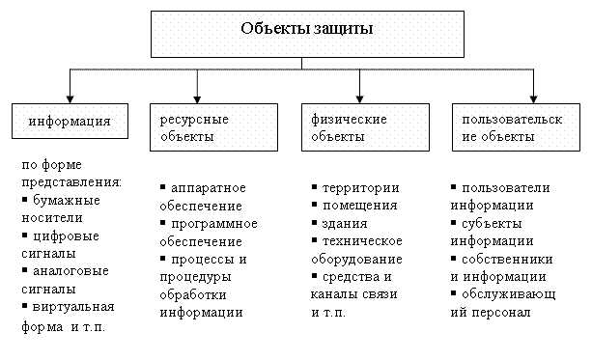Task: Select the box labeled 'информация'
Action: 68,123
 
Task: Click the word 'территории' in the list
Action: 361,188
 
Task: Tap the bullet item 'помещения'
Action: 360,206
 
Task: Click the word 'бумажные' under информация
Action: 64,200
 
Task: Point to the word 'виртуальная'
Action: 74,308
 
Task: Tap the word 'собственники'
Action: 507,260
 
